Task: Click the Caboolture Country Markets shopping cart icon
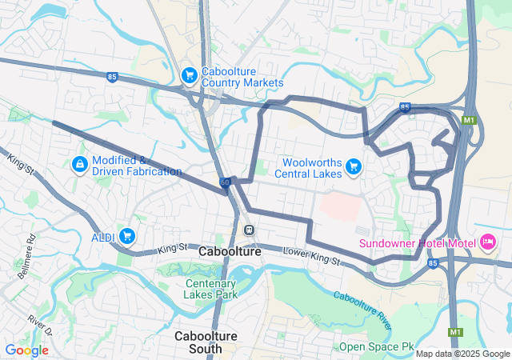[x=190, y=75]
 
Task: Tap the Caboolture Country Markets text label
[x=242, y=77]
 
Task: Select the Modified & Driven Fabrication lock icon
[x=80, y=165]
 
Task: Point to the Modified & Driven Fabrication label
[x=136, y=165]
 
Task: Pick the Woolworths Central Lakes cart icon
[x=354, y=167]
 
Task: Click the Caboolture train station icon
[x=250, y=230]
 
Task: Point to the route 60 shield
[x=226, y=183]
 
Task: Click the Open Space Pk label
[x=376, y=346]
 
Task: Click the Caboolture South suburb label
[x=206, y=342]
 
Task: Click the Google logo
[x=26, y=350]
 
